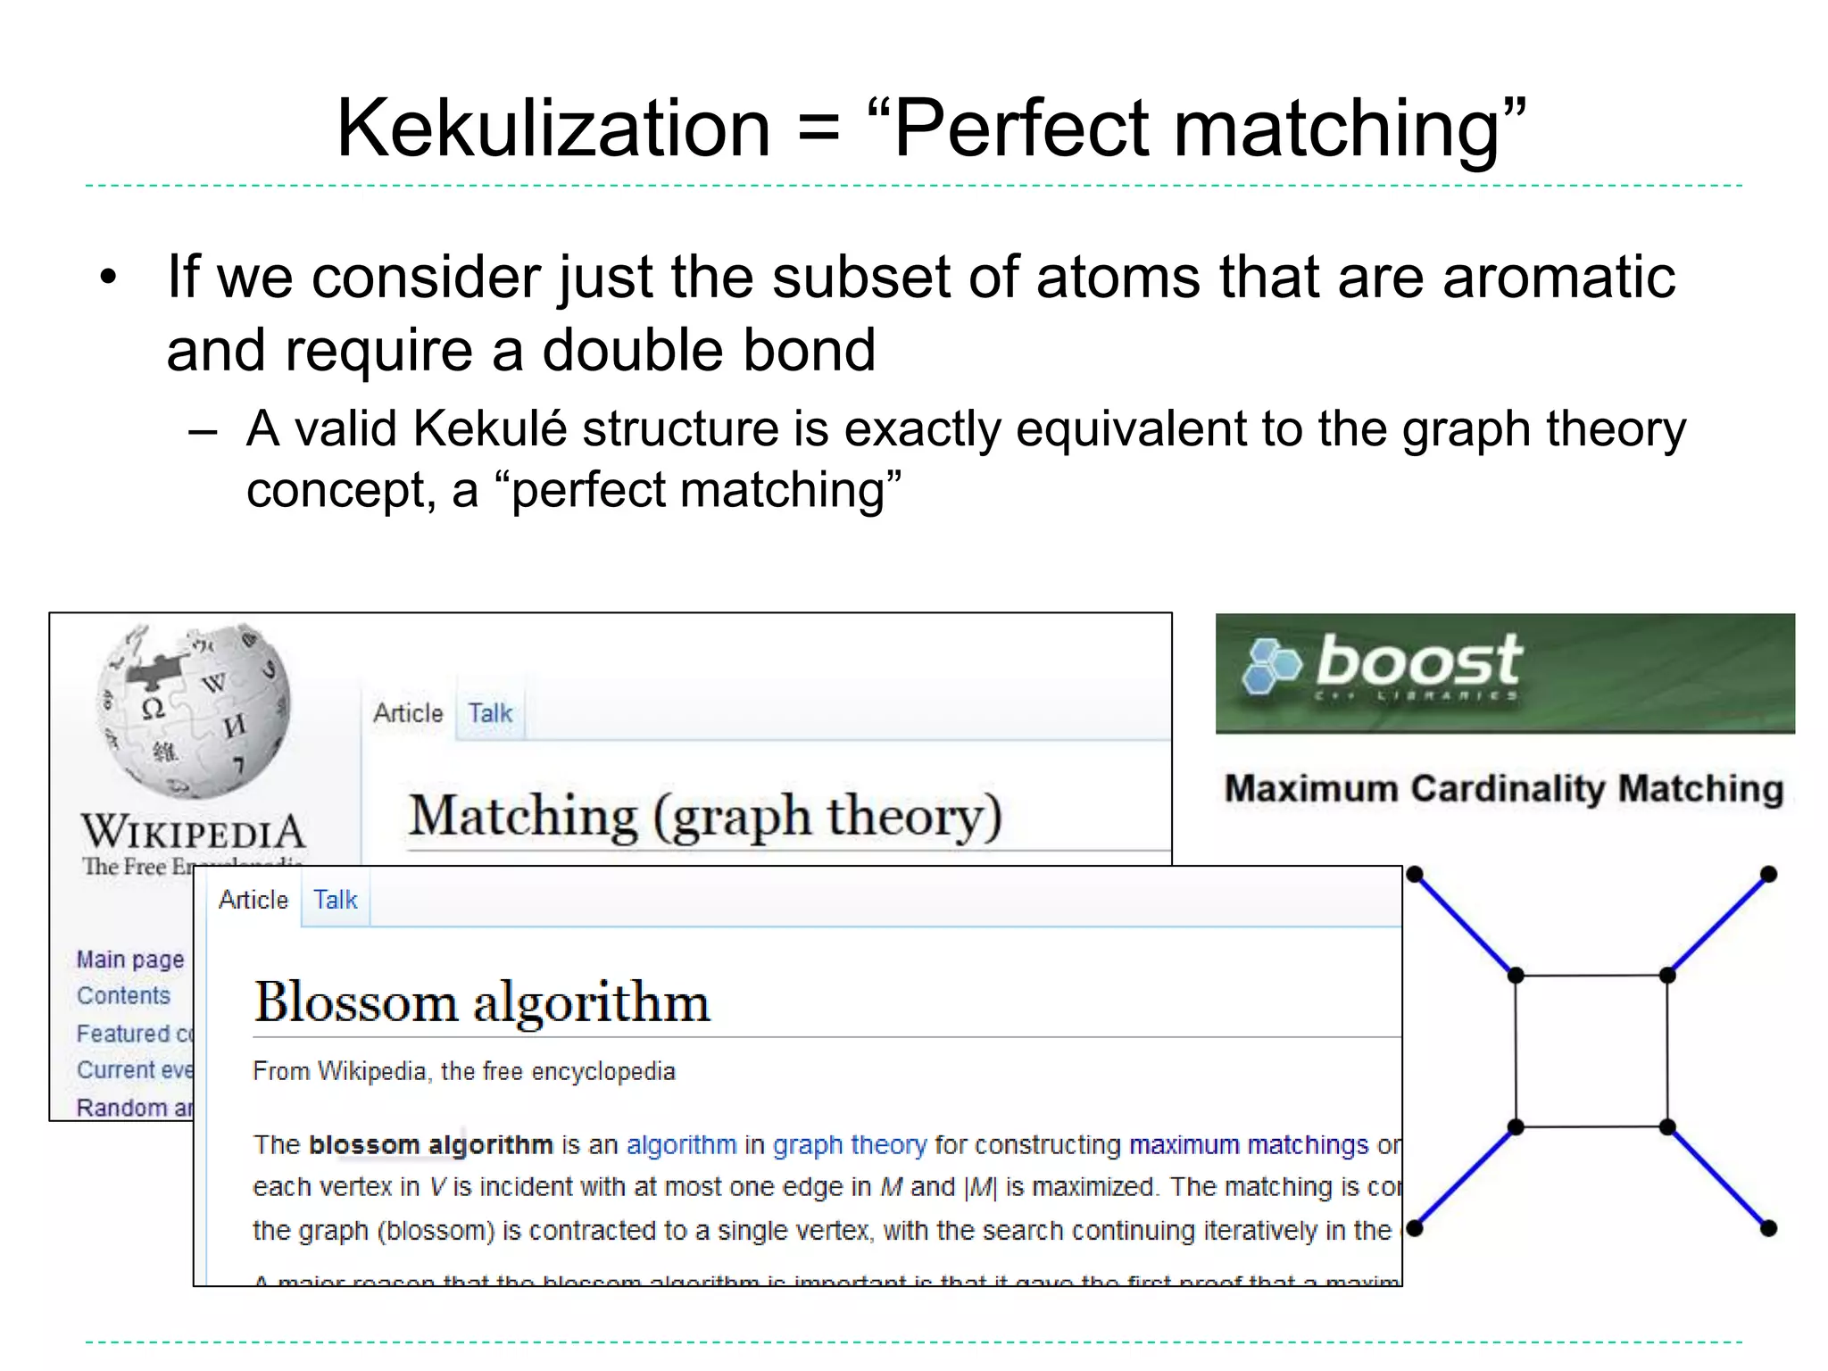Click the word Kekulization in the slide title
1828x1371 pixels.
pos(553,129)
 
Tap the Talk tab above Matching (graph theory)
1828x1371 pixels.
pos(490,713)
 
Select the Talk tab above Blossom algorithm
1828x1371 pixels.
pos(335,900)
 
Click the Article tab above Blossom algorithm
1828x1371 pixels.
pos(253,900)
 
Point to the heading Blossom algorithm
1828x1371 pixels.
pos(482,1001)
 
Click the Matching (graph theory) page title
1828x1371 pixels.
pos(705,816)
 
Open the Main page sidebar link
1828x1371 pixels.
pos(130,960)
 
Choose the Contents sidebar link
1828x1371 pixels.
pos(123,996)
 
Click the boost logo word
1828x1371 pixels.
pos(1419,661)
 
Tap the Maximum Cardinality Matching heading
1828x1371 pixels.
pos(1504,789)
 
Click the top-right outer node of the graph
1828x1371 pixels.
pos(1768,874)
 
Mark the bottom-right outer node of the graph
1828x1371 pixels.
pos(1768,1229)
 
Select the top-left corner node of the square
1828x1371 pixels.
pos(1516,976)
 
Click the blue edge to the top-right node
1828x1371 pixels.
pos(1718,925)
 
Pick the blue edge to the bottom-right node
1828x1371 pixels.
pos(1718,1178)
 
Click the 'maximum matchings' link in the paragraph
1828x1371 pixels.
pos(1248,1145)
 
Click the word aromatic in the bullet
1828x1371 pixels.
pos(1558,277)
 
